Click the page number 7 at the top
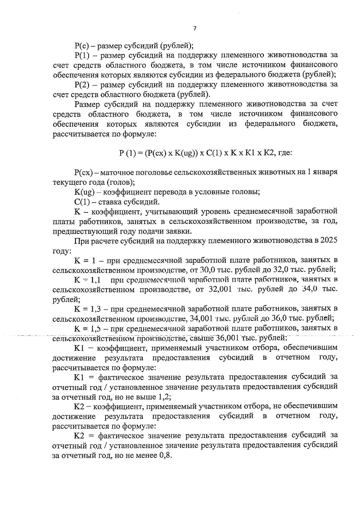(x=194, y=29)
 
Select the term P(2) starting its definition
(x=82, y=85)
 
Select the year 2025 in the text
(x=329, y=241)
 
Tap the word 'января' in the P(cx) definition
(x=327, y=172)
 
